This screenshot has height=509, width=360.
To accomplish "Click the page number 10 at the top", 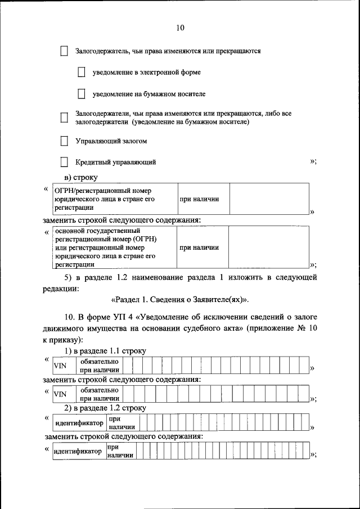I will coord(180,28).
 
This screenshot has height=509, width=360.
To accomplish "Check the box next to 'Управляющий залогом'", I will coord(64,141).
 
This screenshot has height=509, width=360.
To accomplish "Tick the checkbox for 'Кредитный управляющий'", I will coord(64,163).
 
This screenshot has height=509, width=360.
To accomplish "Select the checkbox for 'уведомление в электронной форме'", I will coord(82,73).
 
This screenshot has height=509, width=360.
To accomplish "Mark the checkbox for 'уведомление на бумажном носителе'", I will coord(82,94).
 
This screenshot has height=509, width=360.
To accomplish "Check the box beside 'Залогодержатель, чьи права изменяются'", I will coord(64,51).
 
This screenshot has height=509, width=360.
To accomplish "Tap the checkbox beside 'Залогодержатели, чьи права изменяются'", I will coord(64,118).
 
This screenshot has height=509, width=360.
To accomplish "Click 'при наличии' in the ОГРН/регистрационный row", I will coord(199,199).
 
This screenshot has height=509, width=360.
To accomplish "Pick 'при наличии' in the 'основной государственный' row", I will coord(199,247).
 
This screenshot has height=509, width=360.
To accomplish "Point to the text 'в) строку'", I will coord(81,178).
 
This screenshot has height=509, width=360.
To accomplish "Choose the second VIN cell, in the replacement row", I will coord(60,394).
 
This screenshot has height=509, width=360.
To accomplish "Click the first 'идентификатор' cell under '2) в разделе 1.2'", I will coord(79,423).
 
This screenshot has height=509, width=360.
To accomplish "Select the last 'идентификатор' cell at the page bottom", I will coord(78,451).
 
